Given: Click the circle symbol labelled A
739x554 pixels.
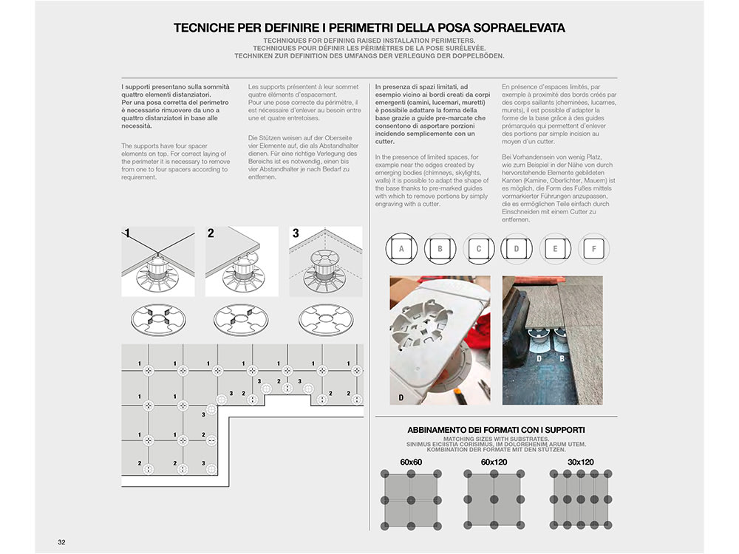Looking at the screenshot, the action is tap(401, 249).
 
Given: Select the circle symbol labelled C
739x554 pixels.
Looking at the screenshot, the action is tap(478, 249).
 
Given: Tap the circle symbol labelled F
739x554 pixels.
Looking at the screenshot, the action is tap(594, 249).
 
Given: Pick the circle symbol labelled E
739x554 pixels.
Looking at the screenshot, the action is tap(555, 249).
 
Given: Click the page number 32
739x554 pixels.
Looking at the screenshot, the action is tap(62, 542).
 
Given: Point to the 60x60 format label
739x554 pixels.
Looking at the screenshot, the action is tap(411, 462).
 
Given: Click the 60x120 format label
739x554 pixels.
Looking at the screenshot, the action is tap(494, 462).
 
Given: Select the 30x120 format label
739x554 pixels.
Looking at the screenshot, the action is tap(581, 462).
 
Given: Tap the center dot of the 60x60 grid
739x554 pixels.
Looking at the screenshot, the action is tap(411, 500).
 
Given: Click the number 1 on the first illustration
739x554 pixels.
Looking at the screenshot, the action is tap(127, 233).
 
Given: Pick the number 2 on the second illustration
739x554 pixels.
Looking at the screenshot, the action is tap(211, 233).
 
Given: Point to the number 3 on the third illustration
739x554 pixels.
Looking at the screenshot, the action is tap(296, 233).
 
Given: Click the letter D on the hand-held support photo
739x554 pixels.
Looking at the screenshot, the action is tap(401, 397).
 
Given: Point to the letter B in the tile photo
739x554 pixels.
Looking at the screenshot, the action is tap(562, 358).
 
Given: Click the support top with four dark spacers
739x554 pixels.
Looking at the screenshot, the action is tap(158, 319).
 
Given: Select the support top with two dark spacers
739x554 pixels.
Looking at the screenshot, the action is tap(241, 319).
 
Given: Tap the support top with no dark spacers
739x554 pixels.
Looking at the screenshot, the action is tap(326, 319).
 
